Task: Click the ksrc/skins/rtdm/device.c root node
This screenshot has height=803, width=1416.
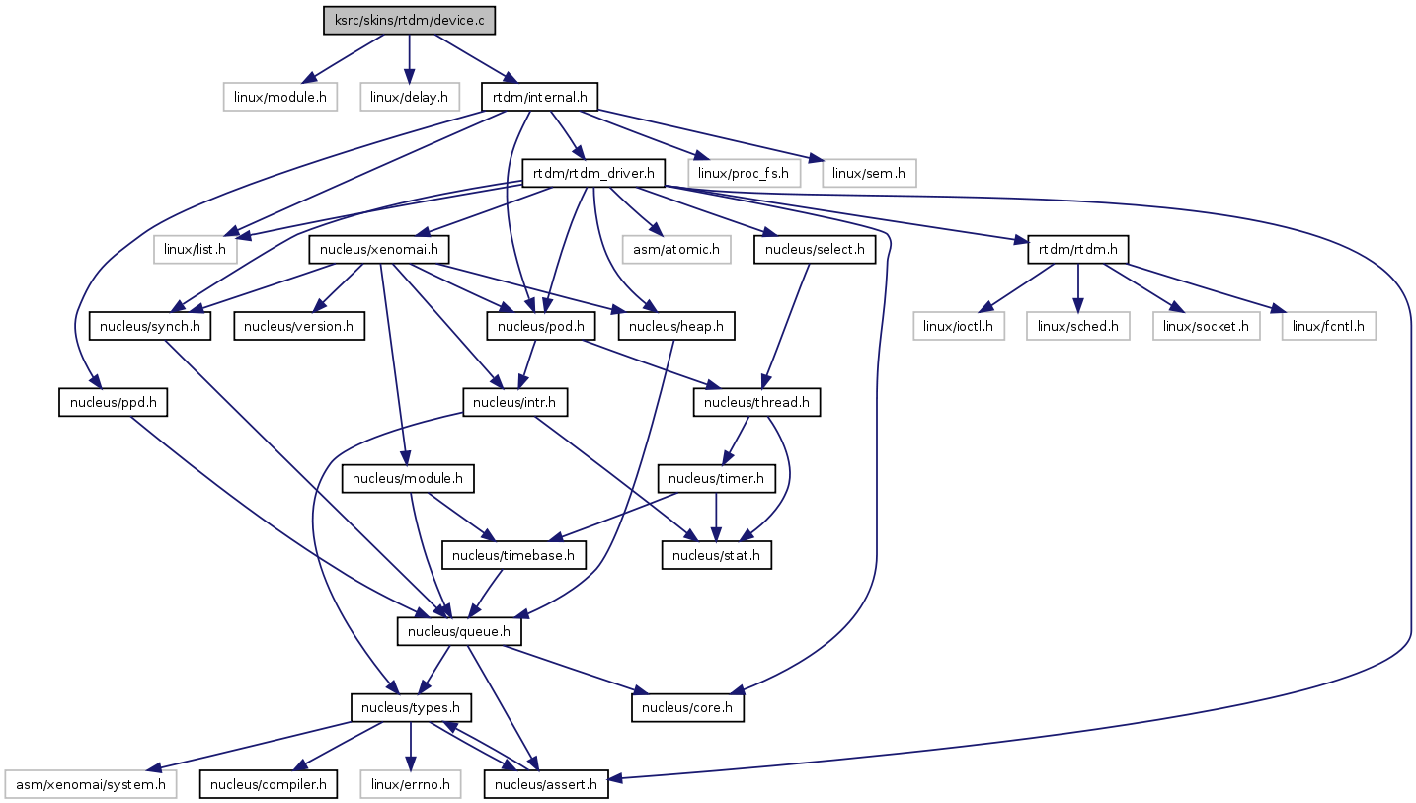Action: click(x=409, y=21)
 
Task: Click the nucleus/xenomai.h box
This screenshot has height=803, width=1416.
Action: click(x=380, y=249)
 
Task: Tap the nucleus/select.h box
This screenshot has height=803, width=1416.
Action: click(x=815, y=249)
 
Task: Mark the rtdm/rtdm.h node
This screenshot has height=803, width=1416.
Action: click(x=1078, y=249)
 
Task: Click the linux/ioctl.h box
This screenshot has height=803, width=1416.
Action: click(x=958, y=325)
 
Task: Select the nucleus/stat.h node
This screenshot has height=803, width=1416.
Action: click(x=716, y=555)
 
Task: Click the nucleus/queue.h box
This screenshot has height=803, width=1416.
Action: click(x=459, y=631)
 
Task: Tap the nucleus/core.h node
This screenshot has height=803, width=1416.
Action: click(x=687, y=708)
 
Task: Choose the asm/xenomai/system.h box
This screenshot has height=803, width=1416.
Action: click(x=91, y=784)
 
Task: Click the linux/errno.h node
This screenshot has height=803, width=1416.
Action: click(x=411, y=784)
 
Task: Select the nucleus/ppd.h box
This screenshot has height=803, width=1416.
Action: click(x=113, y=402)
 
